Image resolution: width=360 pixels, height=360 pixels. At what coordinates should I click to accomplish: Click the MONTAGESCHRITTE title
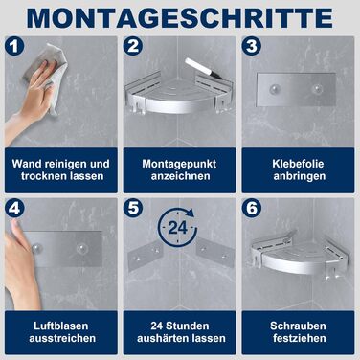click(x=180, y=17)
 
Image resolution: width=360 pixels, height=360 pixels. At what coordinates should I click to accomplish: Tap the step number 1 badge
click(x=14, y=46)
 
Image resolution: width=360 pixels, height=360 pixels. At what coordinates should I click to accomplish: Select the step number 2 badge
click(x=133, y=46)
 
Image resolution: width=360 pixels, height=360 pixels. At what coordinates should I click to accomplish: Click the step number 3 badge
click(x=252, y=46)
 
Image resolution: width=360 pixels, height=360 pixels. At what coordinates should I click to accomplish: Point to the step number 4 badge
click(x=14, y=209)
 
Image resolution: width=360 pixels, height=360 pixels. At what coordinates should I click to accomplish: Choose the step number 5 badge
click(x=133, y=209)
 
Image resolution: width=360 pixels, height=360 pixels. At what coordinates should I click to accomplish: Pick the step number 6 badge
click(x=252, y=209)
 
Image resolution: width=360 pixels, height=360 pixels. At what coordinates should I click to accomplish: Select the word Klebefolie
click(x=298, y=164)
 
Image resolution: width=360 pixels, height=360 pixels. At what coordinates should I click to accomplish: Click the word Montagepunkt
click(x=179, y=164)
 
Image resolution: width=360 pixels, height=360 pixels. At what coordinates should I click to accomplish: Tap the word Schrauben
click(x=298, y=326)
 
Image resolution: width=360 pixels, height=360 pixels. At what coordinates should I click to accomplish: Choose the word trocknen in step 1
click(x=43, y=176)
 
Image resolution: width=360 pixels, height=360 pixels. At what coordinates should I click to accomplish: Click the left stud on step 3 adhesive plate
click(x=273, y=90)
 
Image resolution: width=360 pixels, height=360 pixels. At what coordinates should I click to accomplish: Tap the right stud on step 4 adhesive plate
click(x=81, y=248)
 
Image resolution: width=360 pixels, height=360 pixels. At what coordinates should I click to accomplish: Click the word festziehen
click(x=299, y=338)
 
